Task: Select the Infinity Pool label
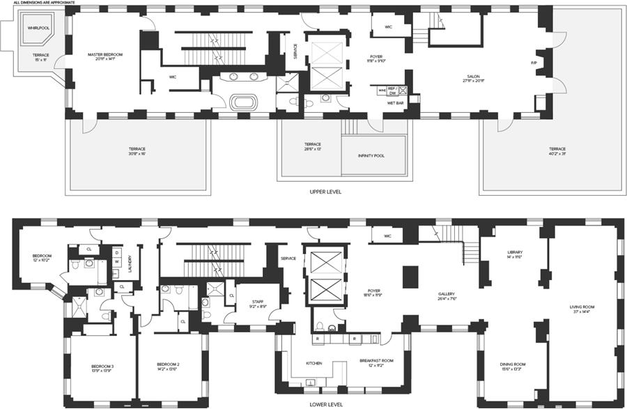371,155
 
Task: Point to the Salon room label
473,79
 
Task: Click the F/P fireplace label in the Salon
534,63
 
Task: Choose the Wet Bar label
396,102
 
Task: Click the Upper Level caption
325,191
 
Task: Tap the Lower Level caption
325,403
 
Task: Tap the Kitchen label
314,363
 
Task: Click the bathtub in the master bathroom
244,102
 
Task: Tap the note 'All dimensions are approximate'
42,3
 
